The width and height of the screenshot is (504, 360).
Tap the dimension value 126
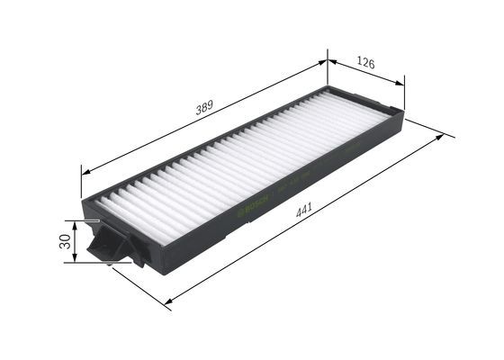pyautogui.click(x=364, y=62)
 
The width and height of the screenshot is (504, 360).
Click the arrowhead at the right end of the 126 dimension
pyautogui.click(x=400, y=83)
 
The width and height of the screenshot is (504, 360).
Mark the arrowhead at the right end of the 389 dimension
pyautogui.click(x=323, y=62)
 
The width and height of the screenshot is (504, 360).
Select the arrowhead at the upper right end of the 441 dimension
pyautogui.click(x=440, y=137)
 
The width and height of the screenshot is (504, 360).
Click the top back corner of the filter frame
pyautogui.click(x=328, y=87)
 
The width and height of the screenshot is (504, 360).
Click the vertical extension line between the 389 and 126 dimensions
pyautogui.click(x=328, y=72)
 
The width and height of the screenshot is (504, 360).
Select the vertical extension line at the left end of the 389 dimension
pyautogui.click(x=82, y=184)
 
